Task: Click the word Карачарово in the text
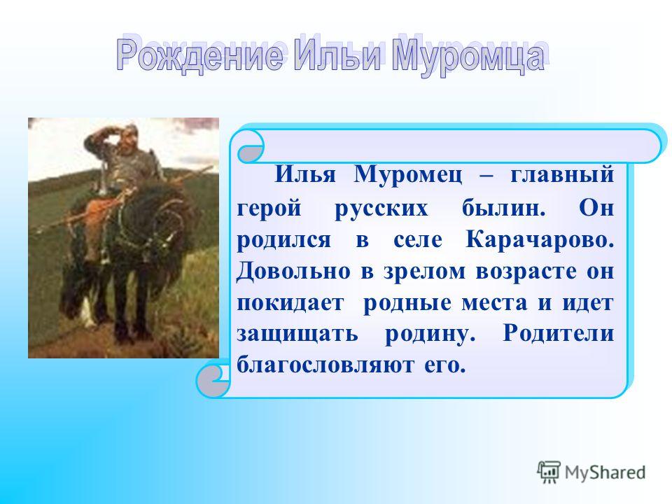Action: (x=540, y=239)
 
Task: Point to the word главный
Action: (x=562, y=176)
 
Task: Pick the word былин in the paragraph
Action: (x=503, y=208)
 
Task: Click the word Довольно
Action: (x=293, y=271)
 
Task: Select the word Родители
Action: (x=559, y=333)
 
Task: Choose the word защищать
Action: (x=297, y=335)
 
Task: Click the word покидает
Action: (x=290, y=303)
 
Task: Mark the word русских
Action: (x=381, y=209)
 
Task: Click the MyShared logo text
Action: (x=605, y=472)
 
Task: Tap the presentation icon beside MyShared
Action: (x=549, y=472)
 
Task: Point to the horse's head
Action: (x=168, y=223)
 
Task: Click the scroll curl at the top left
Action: (x=251, y=146)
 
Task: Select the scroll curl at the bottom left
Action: (x=213, y=379)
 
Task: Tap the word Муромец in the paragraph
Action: (x=408, y=176)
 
